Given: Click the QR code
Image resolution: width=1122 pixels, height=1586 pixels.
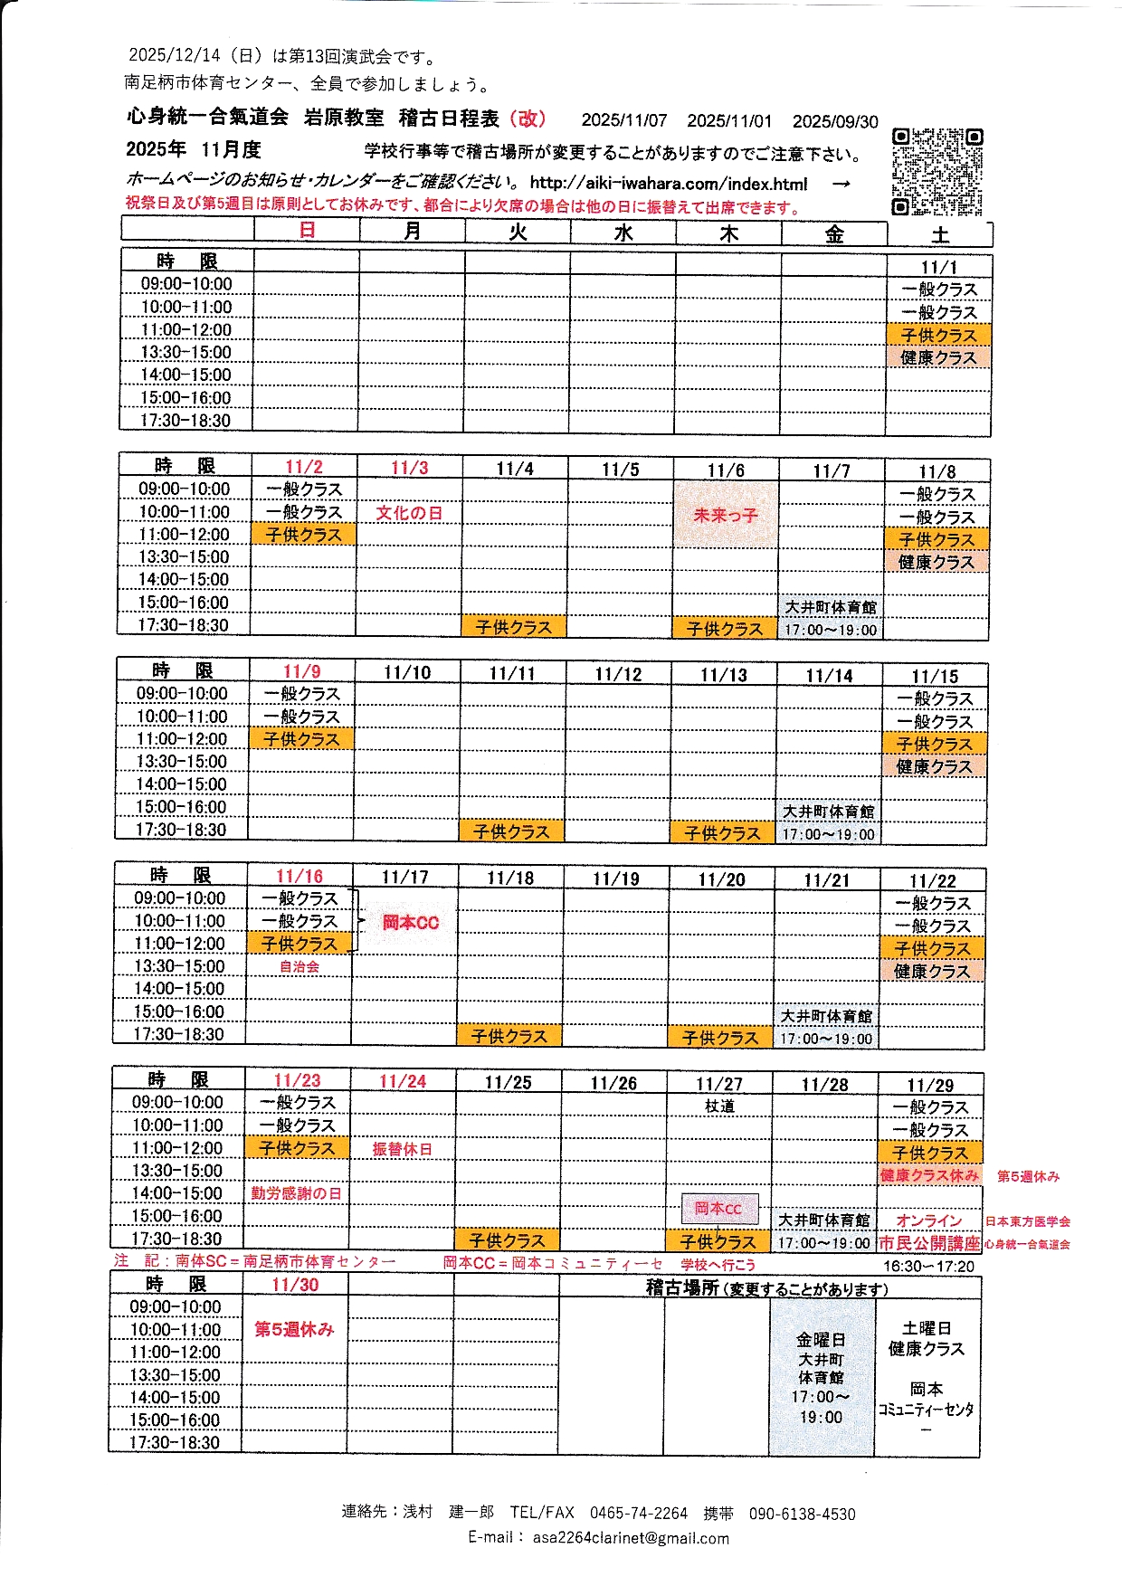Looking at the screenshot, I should [937, 172].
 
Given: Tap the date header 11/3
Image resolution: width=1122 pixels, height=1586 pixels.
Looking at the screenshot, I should [409, 468].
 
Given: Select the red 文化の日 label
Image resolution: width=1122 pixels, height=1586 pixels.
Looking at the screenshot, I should [409, 513].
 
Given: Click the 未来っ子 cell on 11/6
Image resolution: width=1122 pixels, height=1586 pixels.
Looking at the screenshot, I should [725, 515].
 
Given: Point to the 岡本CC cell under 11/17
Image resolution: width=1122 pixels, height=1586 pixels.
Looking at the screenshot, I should [410, 923].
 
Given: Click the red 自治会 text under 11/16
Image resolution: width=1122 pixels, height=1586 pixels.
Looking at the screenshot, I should [300, 967].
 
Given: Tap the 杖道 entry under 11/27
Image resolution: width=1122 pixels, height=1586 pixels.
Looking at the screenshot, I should [719, 1106].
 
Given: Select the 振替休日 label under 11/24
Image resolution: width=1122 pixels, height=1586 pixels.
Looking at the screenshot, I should [403, 1149].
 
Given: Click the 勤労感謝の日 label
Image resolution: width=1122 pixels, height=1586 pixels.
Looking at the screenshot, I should [296, 1194].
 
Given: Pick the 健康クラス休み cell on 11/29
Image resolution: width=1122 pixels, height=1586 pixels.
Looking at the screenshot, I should [929, 1175].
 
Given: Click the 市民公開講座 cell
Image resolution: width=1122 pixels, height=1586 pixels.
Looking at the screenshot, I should [929, 1243].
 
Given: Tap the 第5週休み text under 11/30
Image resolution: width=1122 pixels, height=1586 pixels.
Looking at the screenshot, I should [294, 1329].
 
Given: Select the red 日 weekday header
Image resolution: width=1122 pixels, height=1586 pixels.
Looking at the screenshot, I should [307, 230].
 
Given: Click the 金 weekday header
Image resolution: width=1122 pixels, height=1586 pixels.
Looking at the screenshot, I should [834, 234].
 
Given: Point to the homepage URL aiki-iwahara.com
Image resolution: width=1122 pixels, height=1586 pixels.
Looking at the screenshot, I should [669, 184].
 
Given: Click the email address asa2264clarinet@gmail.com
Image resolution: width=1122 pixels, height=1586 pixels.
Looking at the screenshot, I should [631, 1538].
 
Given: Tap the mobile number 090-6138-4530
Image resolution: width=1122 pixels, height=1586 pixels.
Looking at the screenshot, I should [802, 1514].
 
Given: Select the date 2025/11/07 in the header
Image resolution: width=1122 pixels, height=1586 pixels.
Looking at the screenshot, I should [624, 120].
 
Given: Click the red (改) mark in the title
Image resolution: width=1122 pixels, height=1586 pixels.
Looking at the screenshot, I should [528, 119].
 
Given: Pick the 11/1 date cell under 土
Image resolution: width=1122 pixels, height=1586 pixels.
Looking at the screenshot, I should [939, 267].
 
